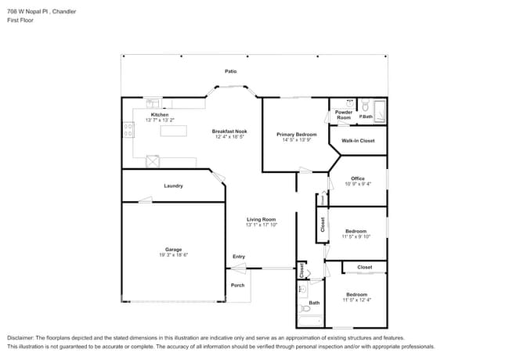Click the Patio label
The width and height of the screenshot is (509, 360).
pyautogui.click(x=230, y=71)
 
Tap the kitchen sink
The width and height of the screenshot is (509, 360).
pyautogui.click(x=153, y=103)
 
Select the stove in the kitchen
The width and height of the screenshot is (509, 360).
pyautogui.click(x=127, y=131)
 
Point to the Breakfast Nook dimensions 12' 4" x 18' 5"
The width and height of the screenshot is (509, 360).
pyautogui.click(x=230, y=137)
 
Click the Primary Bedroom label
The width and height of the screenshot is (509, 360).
pyautogui.click(x=296, y=134)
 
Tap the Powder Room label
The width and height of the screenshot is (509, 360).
pyautogui.click(x=344, y=114)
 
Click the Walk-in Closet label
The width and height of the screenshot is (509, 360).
pyautogui.click(x=357, y=141)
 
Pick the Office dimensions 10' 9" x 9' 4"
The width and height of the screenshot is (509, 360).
pyautogui.click(x=357, y=184)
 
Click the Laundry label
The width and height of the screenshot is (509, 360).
pyautogui.click(x=173, y=185)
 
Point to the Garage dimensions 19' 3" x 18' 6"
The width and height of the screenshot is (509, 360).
pyautogui.click(x=173, y=254)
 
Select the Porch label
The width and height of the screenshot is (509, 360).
pyautogui.click(x=237, y=285)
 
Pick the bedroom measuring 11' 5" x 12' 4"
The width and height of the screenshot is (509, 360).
pyautogui.click(x=356, y=297)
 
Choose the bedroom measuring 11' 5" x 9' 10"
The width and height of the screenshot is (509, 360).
pyautogui.click(x=356, y=234)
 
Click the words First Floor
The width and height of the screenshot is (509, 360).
pyautogui.click(x=20, y=20)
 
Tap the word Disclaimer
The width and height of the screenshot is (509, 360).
pyautogui.click(x=23, y=337)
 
